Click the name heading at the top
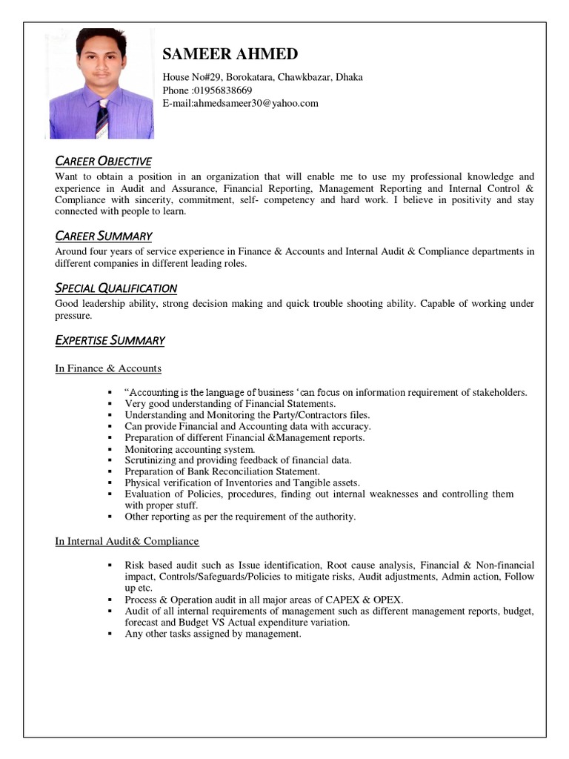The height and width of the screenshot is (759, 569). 230,54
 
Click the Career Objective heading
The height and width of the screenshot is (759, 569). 104,162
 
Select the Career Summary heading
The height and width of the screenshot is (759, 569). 104,236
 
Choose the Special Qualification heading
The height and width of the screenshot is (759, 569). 116,288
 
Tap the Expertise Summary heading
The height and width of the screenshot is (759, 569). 110,340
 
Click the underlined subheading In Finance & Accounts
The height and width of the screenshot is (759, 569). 108,368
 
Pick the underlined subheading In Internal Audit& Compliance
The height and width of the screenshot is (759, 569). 127,541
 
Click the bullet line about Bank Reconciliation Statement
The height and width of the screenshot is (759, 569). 222,471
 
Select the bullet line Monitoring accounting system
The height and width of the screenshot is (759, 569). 190,449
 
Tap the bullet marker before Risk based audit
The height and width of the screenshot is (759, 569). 108,565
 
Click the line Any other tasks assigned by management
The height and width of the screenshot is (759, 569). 213,634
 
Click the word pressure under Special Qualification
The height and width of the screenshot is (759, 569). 73,315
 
